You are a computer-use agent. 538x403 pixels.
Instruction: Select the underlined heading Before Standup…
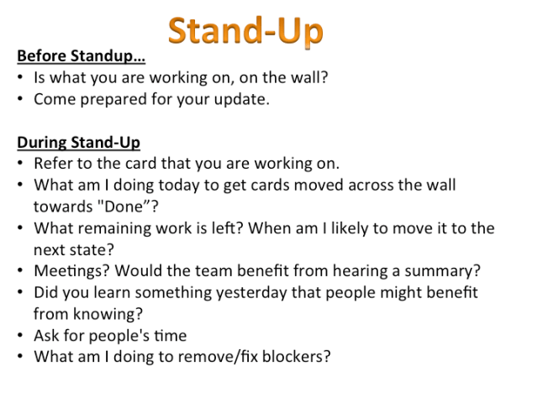[x=81, y=57]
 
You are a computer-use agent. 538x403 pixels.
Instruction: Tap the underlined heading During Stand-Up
[x=78, y=142]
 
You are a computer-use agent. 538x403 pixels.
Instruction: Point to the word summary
[x=443, y=271]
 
